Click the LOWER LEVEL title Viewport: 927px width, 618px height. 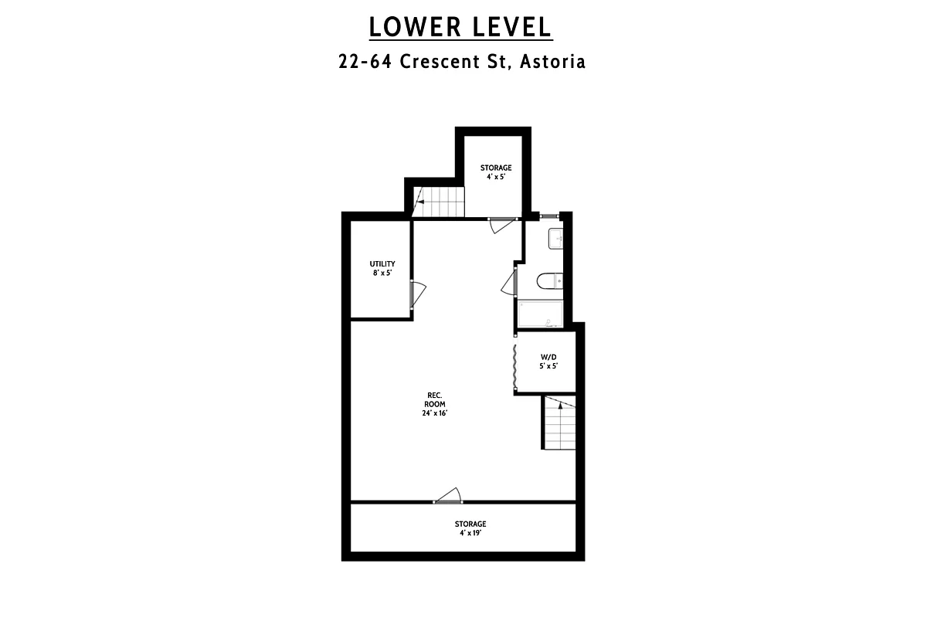pos(460,26)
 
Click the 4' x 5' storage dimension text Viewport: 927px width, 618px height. pos(495,177)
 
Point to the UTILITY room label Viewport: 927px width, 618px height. pos(382,263)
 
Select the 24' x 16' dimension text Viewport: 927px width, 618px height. pos(436,413)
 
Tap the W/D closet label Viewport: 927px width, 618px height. pos(548,357)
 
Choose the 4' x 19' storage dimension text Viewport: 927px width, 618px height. pos(470,533)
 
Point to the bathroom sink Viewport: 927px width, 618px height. pos(557,240)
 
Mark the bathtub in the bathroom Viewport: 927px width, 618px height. pos(544,314)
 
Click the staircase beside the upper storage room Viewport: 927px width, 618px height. pos(439,202)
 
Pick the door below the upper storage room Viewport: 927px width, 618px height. pos(501,223)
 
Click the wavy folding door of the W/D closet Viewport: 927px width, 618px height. pos(514,366)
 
